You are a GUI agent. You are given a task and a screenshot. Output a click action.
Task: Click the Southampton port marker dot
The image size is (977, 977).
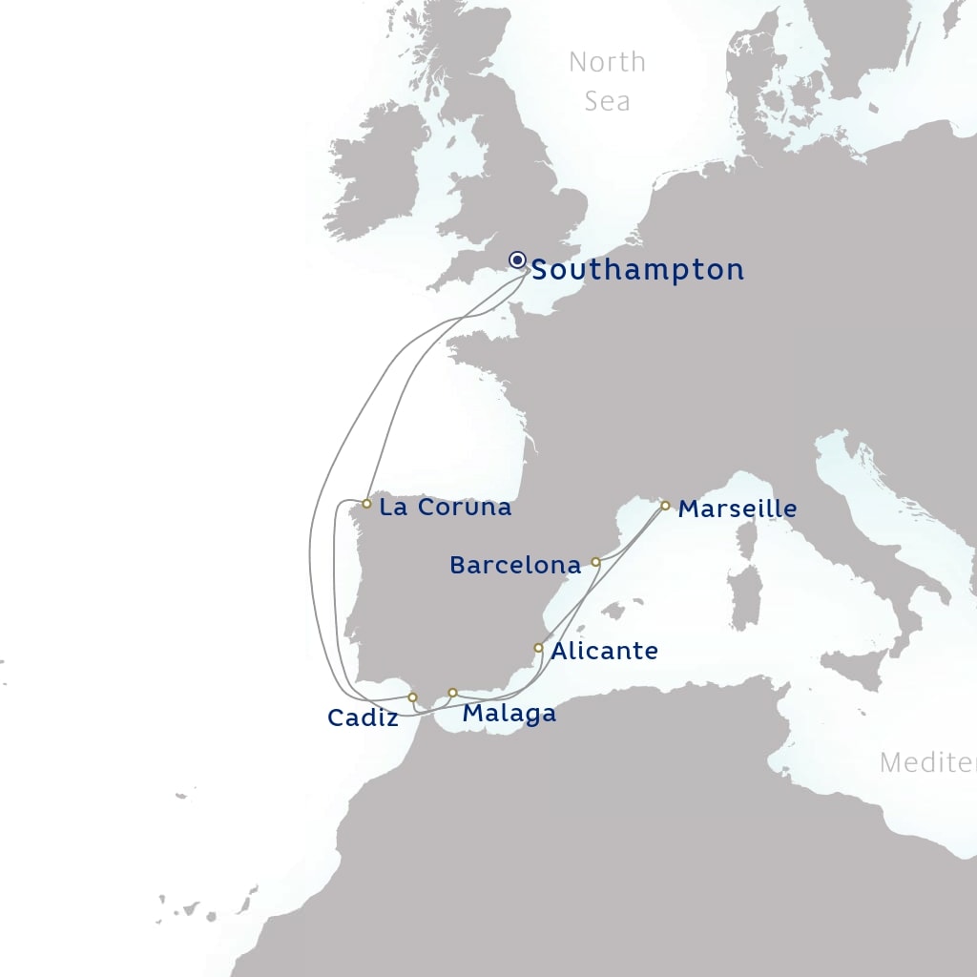517,260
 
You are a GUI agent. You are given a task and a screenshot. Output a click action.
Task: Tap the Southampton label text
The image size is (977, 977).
637,270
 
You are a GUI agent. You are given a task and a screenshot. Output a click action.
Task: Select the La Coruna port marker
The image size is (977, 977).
366,503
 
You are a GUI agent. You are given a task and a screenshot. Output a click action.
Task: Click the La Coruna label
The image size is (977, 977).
445,508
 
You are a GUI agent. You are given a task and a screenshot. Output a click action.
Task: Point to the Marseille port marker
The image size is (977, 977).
665,506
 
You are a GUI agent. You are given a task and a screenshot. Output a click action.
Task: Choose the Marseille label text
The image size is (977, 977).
737,509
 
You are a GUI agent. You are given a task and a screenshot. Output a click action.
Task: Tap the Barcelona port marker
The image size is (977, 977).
595,562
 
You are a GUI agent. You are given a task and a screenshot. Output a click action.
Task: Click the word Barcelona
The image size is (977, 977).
515,566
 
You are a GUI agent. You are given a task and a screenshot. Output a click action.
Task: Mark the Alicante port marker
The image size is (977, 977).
538,648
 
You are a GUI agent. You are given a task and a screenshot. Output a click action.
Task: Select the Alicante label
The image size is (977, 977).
605,652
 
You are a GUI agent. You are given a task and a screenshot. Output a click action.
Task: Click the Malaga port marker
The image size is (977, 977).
452,692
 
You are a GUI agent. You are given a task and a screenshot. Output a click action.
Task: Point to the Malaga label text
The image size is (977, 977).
509,714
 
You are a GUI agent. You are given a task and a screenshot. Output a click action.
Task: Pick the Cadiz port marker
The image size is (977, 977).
412,697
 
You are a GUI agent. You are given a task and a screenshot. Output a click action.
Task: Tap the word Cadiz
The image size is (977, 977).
363,718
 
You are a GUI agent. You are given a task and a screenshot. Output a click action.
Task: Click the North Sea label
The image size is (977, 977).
607,81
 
